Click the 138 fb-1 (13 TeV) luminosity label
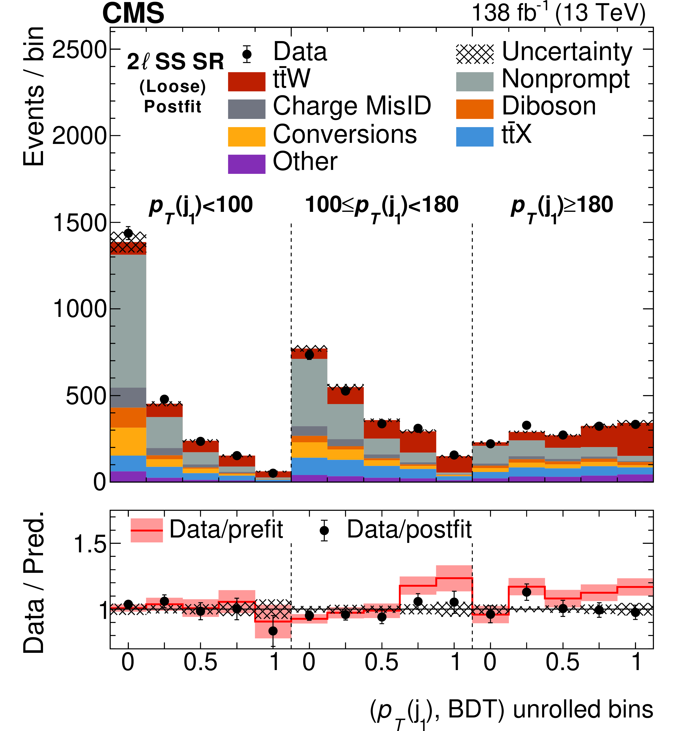click(x=558, y=13)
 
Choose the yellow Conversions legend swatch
click(x=246, y=137)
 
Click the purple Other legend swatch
click(x=246, y=164)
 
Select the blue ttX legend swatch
click(x=474, y=137)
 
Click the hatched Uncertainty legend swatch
click(x=474, y=54)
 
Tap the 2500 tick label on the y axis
click(x=79, y=50)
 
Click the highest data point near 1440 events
click(x=128, y=233)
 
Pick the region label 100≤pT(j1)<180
click(x=382, y=206)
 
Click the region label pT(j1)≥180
click(x=562, y=206)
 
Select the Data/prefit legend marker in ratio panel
click(x=146, y=531)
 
